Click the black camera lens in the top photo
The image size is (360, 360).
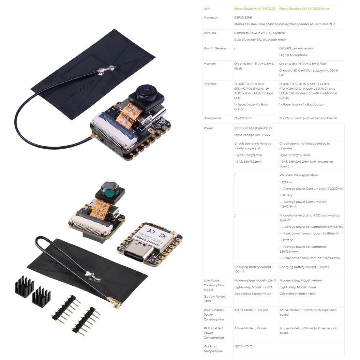click(147, 91)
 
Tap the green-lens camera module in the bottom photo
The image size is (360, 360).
click(109, 193)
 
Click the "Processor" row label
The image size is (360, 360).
click(211, 17)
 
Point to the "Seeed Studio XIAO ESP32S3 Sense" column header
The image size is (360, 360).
click(304, 9)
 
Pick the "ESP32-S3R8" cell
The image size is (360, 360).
click(243, 17)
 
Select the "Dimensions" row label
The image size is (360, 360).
click(212, 118)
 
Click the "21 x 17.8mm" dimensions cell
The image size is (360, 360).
click(243, 118)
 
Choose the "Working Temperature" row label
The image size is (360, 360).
click(213, 349)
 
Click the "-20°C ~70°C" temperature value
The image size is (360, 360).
click(243, 346)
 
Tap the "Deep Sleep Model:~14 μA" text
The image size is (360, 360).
click(253, 294)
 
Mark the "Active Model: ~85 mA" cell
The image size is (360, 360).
click(250, 328)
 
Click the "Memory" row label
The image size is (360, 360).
click(210, 64)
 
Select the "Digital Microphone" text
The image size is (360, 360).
click(293, 55)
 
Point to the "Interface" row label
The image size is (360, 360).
click(210, 84)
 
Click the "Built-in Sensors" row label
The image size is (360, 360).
click(215, 48)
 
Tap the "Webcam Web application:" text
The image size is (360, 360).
click(299, 175)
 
